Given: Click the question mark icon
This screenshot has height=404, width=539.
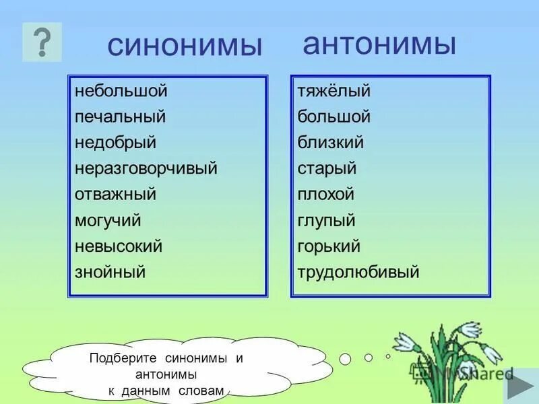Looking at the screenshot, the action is [x=42, y=42].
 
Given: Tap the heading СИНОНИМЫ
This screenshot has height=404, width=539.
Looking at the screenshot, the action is [x=184, y=46].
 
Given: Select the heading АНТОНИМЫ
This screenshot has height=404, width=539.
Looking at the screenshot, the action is [x=379, y=44].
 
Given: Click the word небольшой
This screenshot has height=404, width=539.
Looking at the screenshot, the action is [x=121, y=91].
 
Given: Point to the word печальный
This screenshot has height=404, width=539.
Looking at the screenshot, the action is [x=121, y=117].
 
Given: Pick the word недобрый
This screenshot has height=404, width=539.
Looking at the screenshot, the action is [x=116, y=143].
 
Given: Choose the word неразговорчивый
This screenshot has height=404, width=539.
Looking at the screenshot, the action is [x=146, y=169].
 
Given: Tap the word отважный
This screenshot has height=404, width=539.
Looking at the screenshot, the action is [x=116, y=195].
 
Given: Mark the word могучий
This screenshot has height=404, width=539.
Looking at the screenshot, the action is [x=108, y=221].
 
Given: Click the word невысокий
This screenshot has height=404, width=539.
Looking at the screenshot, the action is [x=119, y=246].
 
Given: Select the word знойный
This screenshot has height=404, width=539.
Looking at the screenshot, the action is [x=110, y=273].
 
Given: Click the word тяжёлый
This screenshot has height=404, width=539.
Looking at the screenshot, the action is [x=334, y=91].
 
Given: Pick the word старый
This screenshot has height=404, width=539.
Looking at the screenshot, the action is [x=327, y=169].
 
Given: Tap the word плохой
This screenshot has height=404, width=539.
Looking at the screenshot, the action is [x=326, y=195].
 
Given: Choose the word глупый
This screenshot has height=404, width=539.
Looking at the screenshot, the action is [x=326, y=221].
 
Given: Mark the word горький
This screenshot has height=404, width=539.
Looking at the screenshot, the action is [x=329, y=246].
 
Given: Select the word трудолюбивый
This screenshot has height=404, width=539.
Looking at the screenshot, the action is [x=358, y=273].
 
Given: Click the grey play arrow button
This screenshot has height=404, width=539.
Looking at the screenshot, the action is [x=520, y=389].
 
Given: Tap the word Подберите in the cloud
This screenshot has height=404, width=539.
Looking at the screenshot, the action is [x=117, y=358].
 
